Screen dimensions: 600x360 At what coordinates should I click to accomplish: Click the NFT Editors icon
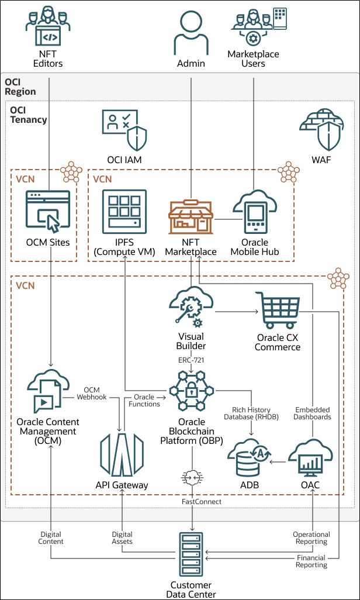coord(48,28)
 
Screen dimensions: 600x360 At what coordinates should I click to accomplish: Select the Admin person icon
coord(191,33)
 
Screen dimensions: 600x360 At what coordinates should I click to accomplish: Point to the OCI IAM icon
coord(124,130)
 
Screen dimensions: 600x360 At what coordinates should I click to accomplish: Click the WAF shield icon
coord(320,130)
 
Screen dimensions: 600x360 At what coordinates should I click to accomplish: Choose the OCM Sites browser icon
coord(48,211)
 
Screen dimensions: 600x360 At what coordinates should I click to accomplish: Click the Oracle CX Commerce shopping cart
coord(278,311)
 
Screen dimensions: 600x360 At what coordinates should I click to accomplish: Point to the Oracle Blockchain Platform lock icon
coord(192,391)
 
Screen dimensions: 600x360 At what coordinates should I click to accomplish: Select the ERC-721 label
coord(191,359)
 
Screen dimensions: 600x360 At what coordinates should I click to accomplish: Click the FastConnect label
coord(191,501)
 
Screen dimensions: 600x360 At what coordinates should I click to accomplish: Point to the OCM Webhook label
coord(92,393)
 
